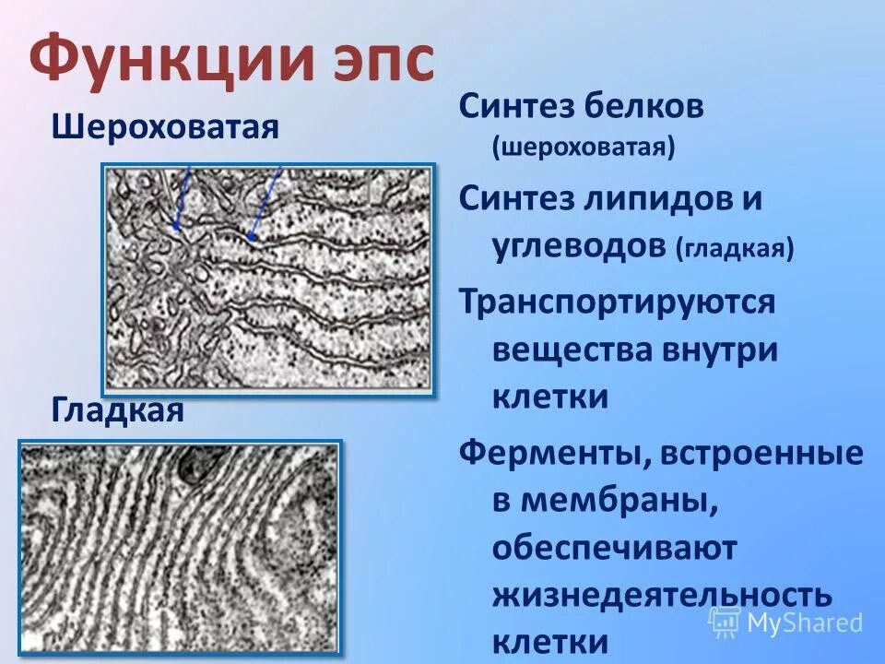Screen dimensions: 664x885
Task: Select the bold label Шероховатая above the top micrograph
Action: point(165,126)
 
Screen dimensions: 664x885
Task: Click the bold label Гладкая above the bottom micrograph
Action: point(117,409)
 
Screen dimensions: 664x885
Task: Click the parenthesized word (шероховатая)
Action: point(584,147)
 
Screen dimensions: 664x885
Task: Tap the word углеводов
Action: point(578,247)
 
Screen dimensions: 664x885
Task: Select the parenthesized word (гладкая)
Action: point(735,249)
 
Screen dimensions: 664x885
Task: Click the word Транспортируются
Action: point(617,302)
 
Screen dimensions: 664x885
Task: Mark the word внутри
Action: point(721,350)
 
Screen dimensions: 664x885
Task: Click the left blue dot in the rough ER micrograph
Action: point(175,225)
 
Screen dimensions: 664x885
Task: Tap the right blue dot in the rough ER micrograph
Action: point(251,236)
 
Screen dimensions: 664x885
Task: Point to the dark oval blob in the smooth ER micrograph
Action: point(195,466)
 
